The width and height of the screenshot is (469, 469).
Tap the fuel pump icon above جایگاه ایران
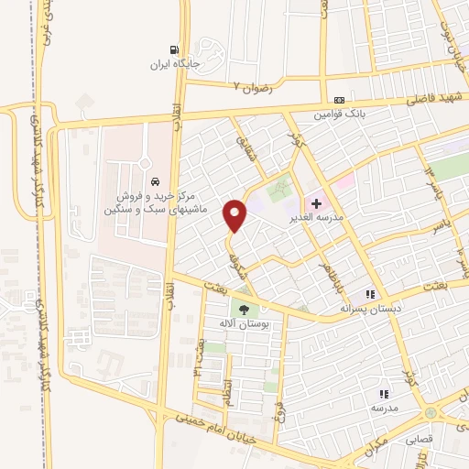pos(174,51)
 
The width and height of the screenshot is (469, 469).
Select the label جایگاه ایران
pos(176,66)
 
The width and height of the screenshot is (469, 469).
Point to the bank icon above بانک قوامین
pos(340,100)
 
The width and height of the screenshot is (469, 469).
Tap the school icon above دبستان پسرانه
pos(370,294)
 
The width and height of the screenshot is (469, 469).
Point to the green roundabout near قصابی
pos(431,414)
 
